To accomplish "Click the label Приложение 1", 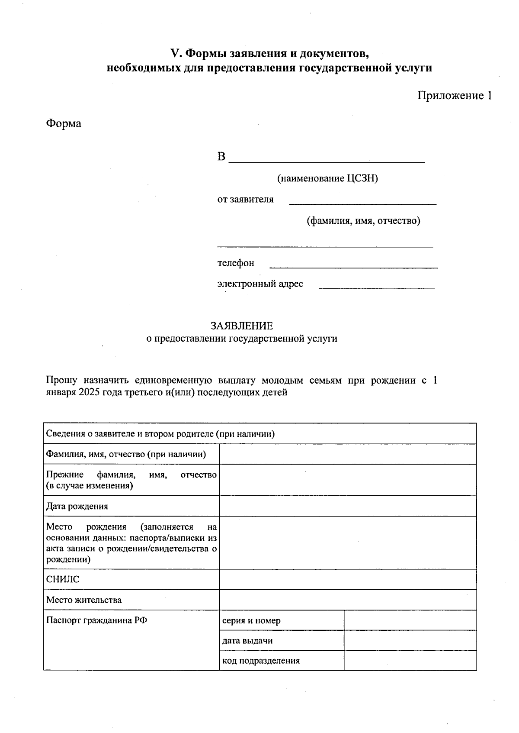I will (x=454, y=96).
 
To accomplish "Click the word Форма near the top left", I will (x=64, y=124).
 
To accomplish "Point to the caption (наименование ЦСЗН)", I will (x=327, y=178).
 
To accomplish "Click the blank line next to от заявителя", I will (x=362, y=201).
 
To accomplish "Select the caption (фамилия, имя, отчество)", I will (x=363, y=221).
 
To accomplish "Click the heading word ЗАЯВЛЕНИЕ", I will (x=242, y=326).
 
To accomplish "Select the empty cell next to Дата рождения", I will (x=347, y=506).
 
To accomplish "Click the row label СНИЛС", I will (x=63, y=579).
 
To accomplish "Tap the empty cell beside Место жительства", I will (x=347, y=600).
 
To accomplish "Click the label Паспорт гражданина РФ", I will (x=96, y=620).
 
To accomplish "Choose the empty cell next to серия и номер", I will (x=410, y=620).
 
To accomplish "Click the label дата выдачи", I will (x=247, y=641).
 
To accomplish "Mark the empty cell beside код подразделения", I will (x=410, y=661).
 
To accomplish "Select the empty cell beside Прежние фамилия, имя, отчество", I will (x=347, y=480).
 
